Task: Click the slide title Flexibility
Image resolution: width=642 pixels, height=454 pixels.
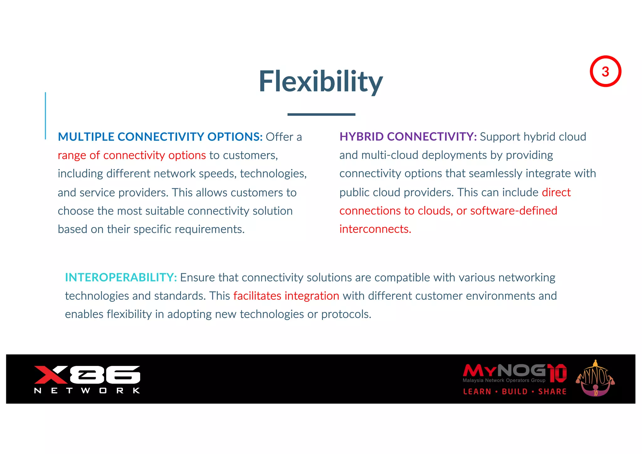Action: tap(321, 82)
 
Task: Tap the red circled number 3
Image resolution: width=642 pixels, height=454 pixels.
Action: tap(605, 71)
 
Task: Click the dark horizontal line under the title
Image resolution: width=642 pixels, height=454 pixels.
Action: tap(321, 114)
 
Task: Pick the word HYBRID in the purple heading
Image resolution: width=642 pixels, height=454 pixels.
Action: tap(361, 137)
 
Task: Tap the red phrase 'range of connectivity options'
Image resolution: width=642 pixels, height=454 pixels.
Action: tap(132, 155)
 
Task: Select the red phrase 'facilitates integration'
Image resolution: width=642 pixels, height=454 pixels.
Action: tap(286, 296)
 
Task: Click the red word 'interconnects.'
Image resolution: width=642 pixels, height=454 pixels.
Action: tap(375, 229)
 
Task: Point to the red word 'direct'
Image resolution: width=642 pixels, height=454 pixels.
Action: tap(556, 192)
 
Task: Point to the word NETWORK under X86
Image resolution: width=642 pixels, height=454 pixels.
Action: tap(87, 391)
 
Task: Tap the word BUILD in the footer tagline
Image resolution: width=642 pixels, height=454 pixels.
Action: tap(515, 392)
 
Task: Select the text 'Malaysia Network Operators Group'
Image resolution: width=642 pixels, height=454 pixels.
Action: tap(504, 380)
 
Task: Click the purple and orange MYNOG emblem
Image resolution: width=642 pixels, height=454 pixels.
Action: tap(595, 379)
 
